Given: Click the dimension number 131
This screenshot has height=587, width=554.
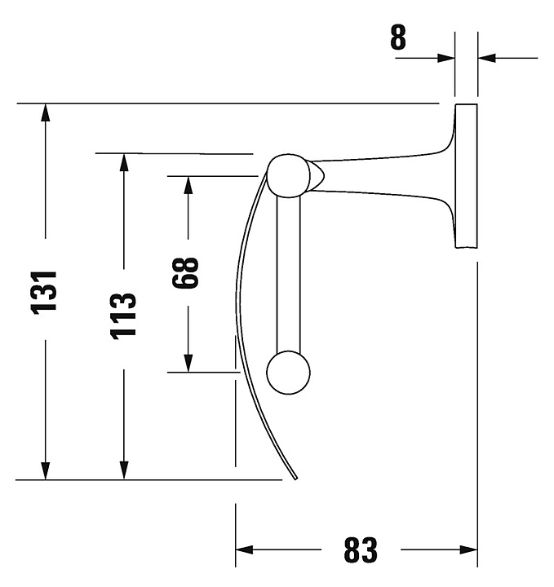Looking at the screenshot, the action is (44, 293).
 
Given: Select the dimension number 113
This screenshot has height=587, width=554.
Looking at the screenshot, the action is (123, 316).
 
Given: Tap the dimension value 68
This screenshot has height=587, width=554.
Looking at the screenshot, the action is (185, 273).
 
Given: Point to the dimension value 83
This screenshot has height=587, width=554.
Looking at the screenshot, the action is (361, 550).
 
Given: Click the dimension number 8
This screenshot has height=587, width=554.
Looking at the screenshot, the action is (398, 38).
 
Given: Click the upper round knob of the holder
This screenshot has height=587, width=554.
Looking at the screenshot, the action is (289, 175).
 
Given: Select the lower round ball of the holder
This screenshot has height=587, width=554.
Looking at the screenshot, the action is (289, 373).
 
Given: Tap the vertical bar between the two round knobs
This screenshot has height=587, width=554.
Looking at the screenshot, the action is (289, 274).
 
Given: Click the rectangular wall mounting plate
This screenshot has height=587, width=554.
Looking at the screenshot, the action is (467, 176).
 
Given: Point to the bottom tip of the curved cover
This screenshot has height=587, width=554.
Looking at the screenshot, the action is (296, 479).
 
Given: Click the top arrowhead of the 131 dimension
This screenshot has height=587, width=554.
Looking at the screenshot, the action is (46, 113).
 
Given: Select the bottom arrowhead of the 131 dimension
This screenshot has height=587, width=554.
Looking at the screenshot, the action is (46, 470).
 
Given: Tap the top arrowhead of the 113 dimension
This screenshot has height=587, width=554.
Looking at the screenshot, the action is (124, 162).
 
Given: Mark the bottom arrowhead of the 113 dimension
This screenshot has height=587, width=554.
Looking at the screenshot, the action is (124, 470).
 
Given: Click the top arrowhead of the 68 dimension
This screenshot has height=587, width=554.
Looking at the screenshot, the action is (188, 185).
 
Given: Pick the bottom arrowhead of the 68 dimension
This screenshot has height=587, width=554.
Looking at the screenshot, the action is (188, 363).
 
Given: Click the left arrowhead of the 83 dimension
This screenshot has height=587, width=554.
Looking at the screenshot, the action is (245, 550).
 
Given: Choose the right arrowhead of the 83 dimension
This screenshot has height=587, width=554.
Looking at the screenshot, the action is (468, 550).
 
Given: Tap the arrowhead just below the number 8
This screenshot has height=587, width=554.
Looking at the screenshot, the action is (445, 58).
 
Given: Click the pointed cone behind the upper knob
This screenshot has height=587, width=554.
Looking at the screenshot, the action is (317, 175).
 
